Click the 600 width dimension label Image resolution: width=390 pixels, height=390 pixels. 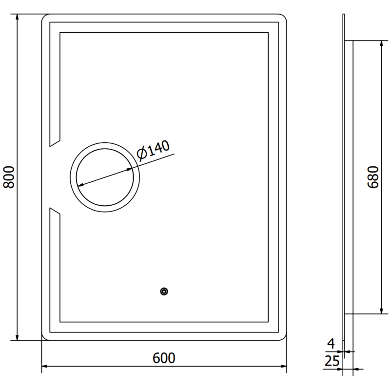pos(164,358)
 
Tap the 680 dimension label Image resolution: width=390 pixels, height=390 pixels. pos(372,177)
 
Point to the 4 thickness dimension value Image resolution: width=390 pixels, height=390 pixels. pos(331,345)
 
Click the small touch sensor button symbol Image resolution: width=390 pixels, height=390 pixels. pos(164,292)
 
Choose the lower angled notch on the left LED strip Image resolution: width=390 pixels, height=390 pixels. pos(54,212)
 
